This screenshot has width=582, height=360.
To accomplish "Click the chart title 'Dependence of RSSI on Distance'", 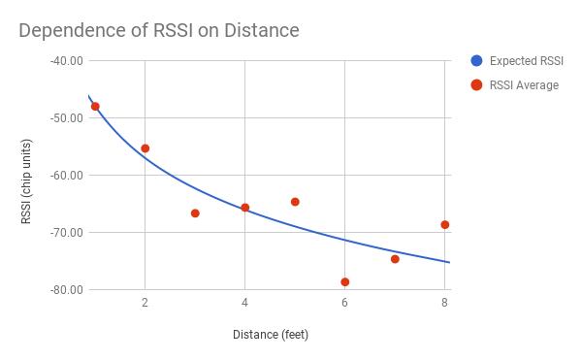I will tap(159, 30).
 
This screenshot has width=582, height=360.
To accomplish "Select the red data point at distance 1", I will tap(95, 107).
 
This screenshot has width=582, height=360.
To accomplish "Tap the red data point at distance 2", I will tap(145, 148).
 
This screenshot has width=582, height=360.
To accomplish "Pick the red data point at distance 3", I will tap(195, 213).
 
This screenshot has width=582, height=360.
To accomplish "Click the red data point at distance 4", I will tap(244, 208).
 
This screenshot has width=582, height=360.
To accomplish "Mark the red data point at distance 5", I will tap(295, 202).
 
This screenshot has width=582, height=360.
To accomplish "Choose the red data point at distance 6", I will tap(344, 282).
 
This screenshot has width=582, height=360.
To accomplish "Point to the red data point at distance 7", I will tap(395, 259).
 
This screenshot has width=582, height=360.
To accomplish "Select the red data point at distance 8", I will tap(444, 225).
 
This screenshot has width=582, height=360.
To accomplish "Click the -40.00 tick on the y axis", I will tap(66, 60).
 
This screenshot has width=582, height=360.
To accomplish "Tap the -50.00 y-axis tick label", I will tap(66, 118).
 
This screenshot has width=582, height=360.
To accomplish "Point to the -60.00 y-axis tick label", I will tap(66, 176).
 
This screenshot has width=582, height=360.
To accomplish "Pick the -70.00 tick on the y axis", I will tap(66, 233).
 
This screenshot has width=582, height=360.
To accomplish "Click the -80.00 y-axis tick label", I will tap(66, 290).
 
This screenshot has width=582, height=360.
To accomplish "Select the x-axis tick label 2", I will tap(145, 303).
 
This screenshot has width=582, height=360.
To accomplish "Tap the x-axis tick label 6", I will tap(344, 303).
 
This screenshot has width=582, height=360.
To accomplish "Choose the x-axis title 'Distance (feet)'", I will tap(270, 335).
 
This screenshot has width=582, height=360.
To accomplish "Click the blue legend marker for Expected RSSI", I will tap(476, 61).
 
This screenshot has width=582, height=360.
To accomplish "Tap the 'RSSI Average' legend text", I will tap(524, 85).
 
